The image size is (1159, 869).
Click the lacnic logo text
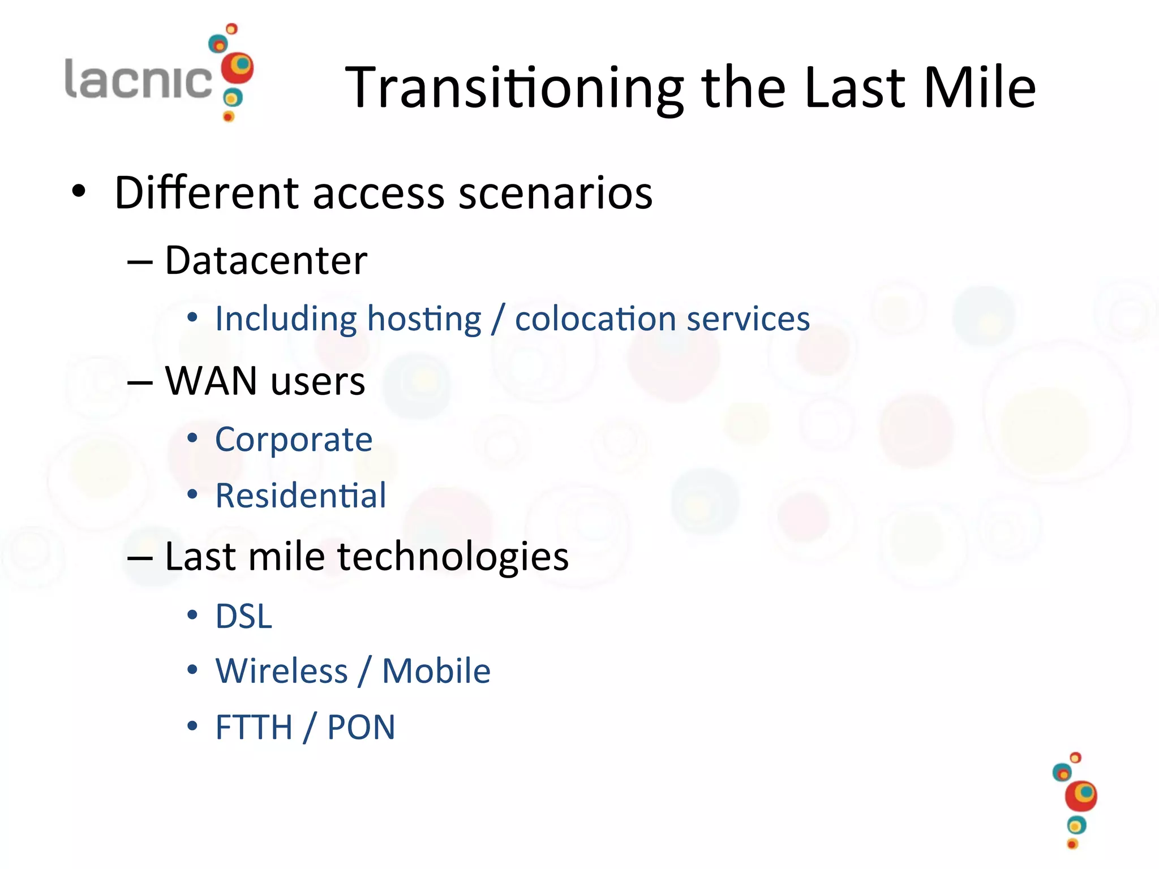tap(139, 79)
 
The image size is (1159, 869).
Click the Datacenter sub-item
tap(266, 261)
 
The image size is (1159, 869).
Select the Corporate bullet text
tap(294, 440)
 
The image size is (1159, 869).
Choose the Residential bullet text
tap(301, 496)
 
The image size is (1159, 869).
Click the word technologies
tap(453, 557)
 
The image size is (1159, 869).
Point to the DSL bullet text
tap(244, 616)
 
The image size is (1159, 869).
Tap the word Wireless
tap(281, 672)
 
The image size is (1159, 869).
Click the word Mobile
tap(436, 672)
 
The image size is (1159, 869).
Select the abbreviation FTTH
tap(254, 728)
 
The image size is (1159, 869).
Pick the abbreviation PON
tap(361, 728)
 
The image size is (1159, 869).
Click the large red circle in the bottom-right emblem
tap(1080, 796)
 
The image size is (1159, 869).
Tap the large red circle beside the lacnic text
tap(237, 68)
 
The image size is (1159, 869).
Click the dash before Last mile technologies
tap(140, 558)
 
